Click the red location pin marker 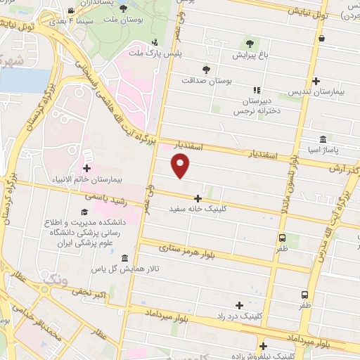pyautogui.click(x=181, y=166)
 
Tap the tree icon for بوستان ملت pyautogui.click(x=124, y=9)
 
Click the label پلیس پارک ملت pyautogui.click(x=154, y=53)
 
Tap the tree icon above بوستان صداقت pyautogui.click(x=206, y=70)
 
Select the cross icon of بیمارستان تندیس pyautogui.click(x=316, y=82)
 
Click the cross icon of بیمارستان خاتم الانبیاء pyautogui.click(x=86, y=168)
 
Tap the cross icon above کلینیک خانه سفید pyautogui.click(x=198, y=198)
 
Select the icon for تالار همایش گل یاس pyautogui.click(x=124, y=258)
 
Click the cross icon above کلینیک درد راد pyautogui.click(x=239, y=305)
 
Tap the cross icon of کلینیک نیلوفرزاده pyautogui.click(x=263, y=345)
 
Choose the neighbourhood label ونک pyautogui.click(x=56, y=281)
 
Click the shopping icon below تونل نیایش pyautogui.click(x=321, y=39)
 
